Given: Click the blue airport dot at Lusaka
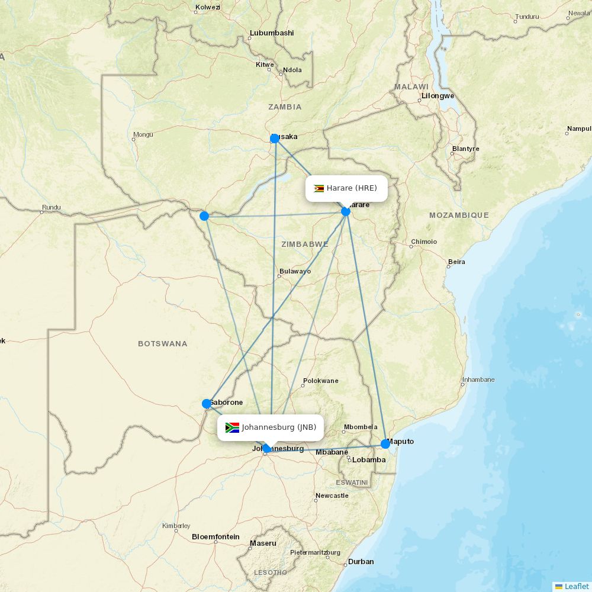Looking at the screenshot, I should click(275, 139).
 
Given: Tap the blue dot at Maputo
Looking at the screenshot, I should click(385, 443).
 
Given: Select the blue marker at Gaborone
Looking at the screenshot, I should click(207, 404).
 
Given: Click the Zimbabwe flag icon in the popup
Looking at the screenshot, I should click(319, 189).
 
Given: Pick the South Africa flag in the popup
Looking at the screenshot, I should click(232, 427).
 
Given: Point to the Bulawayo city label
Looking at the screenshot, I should click(295, 271).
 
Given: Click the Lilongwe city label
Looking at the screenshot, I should click(437, 96).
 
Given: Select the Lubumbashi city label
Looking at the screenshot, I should click(272, 33).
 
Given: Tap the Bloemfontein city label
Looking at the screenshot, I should click(215, 537).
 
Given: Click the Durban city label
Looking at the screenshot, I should click(361, 562).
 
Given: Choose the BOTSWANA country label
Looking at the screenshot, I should click(162, 343).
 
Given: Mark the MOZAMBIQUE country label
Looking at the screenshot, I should click(459, 215).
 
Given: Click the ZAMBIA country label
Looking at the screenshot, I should click(285, 107).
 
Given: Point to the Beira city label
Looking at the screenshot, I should click(456, 262).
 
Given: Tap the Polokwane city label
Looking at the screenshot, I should click(320, 381).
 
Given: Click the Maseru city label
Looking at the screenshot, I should click(263, 543).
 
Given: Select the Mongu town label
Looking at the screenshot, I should click(143, 134).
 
